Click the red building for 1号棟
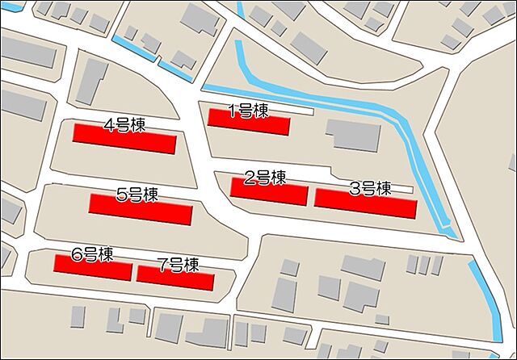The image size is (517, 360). (x=249, y=123)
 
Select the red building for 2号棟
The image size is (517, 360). (x=269, y=192)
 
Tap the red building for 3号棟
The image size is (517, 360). (x=365, y=203)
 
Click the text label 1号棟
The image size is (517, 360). (x=248, y=111)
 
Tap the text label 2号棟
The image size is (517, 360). (x=265, y=178)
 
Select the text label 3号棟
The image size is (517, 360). (x=370, y=189)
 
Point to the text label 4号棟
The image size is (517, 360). (x=124, y=125)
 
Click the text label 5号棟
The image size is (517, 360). (x=137, y=195)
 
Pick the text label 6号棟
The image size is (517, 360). (x=92, y=255)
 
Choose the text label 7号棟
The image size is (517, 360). (x=179, y=264)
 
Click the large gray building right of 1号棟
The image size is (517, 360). (x=353, y=136)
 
